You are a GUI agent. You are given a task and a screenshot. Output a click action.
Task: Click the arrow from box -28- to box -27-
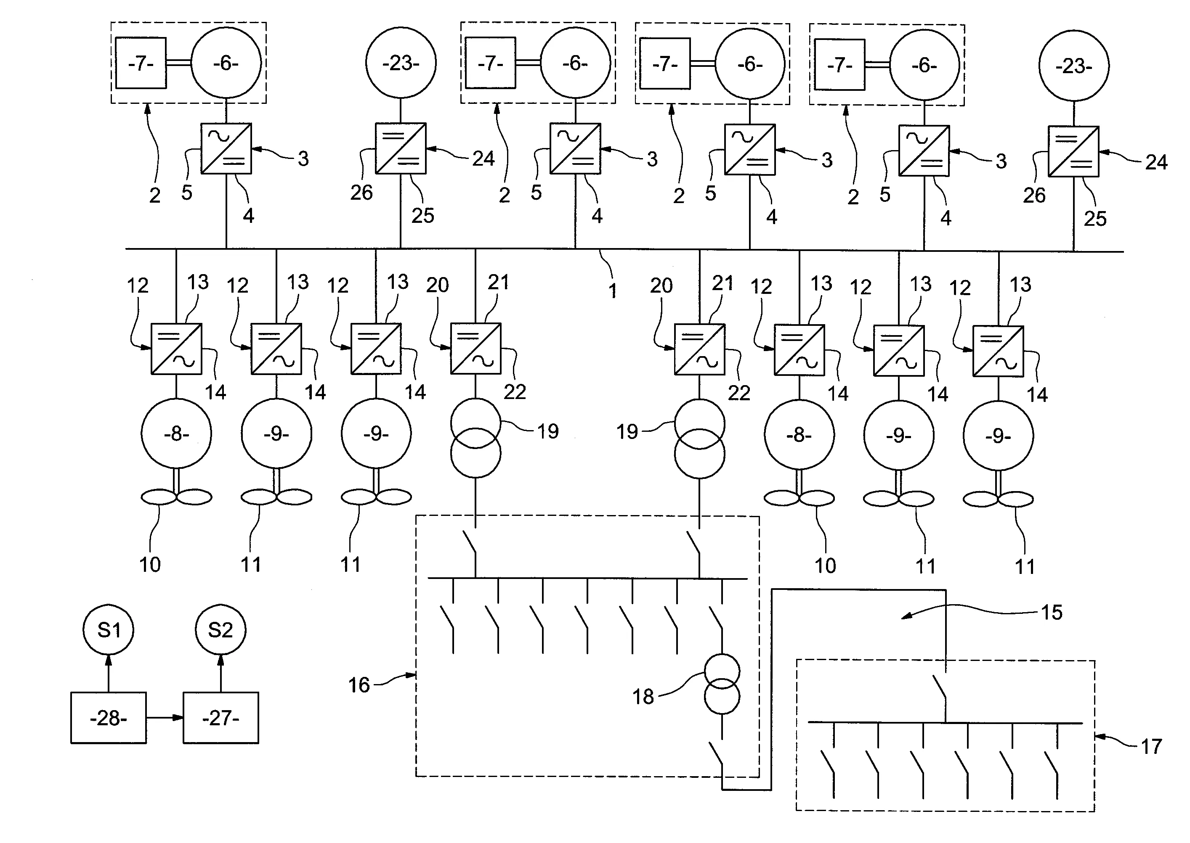click(165, 718)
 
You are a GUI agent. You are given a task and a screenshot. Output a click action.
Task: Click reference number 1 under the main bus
click(613, 291)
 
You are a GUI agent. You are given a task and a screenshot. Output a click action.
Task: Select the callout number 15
click(1052, 613)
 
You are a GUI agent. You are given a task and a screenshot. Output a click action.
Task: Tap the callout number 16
click(359, 685)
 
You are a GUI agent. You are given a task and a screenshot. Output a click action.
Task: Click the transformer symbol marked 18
click(722, 684)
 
